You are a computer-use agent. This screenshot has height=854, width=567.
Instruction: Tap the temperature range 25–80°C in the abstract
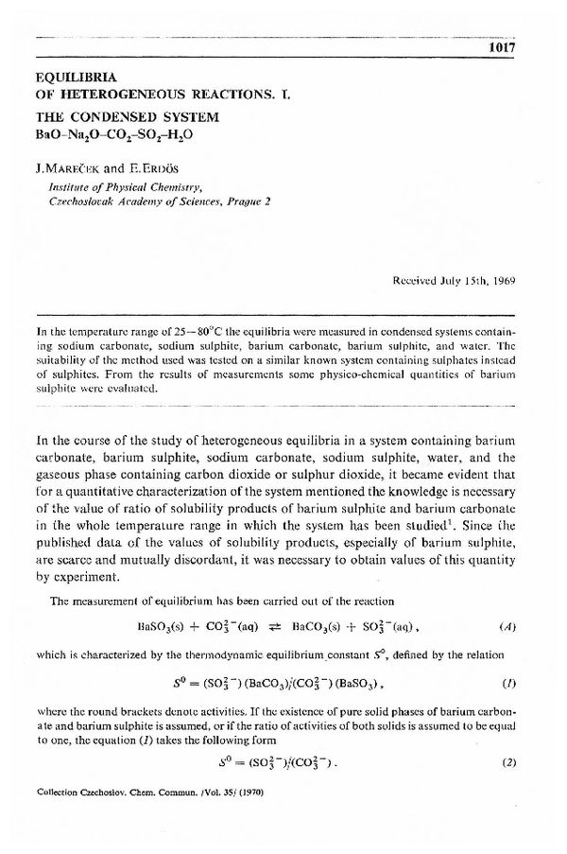176,332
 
